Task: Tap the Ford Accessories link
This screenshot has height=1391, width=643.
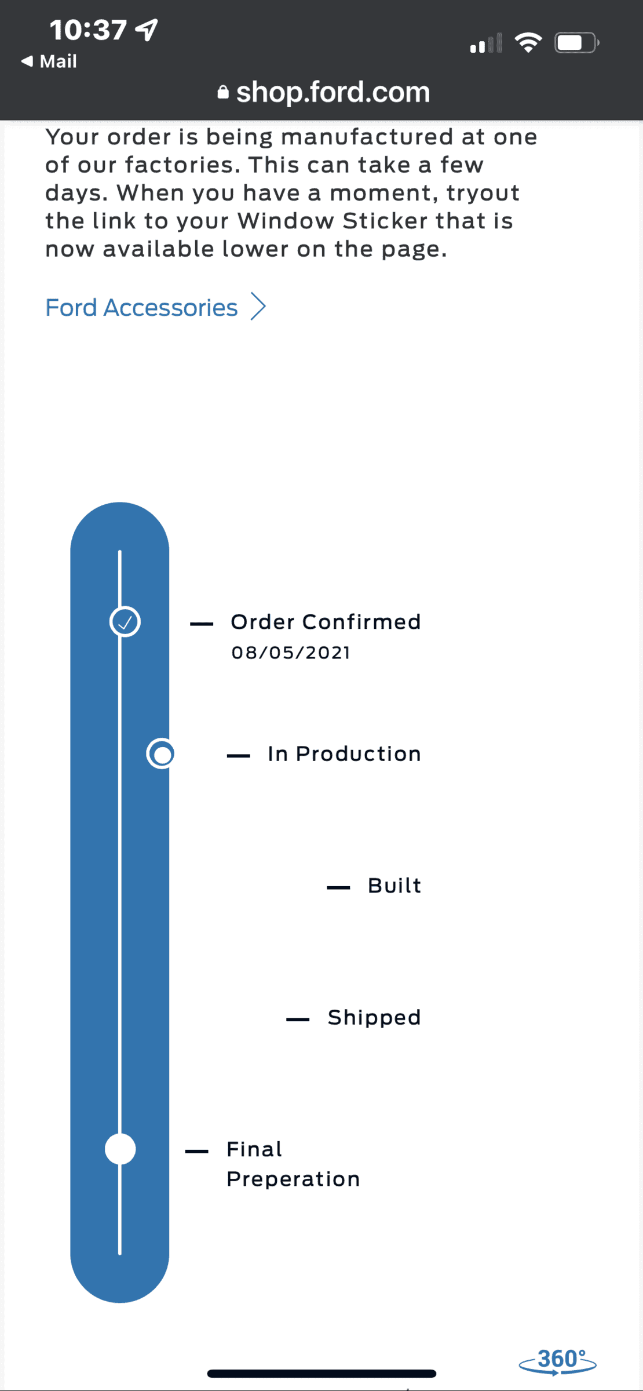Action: (x=141, y=307)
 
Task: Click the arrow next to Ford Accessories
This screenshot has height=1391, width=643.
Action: (x=258, y=306)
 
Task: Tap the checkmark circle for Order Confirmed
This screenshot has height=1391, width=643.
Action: (x=125, y=622)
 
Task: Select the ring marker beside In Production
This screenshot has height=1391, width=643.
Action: (x=161, y=754)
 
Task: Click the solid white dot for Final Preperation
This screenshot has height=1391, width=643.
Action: (x=120, y=1149)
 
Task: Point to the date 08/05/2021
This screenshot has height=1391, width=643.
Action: (x=291, y=653)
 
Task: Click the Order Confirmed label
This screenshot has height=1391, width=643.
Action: (x=326, y=622)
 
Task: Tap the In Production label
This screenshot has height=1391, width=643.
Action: (x=344, y=753)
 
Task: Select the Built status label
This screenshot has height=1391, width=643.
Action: (x=394, y=886)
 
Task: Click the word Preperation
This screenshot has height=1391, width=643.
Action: (x=293, y=1179)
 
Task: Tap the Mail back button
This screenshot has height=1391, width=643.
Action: (x=49, y=61)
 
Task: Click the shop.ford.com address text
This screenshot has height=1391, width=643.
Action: (x=333, y=92)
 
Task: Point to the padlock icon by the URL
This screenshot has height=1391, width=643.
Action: (x=223, y=92)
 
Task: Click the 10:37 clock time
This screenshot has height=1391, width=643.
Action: (x=88, y=30)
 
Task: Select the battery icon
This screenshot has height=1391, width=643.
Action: (x=577, y=43)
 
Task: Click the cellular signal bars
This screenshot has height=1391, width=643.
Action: (x=486, y=43)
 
